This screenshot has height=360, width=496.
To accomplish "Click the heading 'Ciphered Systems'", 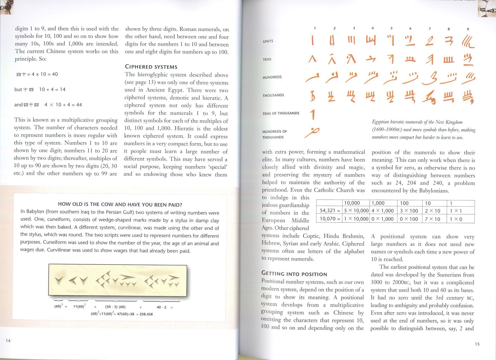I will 151,67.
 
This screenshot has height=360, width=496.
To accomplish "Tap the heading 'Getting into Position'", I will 294,274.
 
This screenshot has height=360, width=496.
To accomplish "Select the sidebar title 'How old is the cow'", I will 120,204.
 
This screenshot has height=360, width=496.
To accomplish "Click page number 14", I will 8,341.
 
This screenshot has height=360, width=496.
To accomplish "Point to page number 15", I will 477,344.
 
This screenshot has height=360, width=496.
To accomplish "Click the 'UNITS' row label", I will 268,41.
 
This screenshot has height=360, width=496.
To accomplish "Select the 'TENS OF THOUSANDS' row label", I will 281,114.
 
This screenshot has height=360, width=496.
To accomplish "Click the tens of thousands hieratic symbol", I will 313,114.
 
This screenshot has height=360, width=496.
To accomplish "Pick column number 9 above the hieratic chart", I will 468,29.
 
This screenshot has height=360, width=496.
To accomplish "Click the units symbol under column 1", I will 313,40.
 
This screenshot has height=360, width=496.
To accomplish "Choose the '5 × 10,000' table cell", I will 356,211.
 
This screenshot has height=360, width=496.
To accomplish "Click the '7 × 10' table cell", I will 432,219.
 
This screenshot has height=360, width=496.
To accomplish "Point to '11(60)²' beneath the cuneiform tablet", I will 79,306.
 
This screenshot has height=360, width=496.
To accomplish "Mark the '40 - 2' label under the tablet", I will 161,307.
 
